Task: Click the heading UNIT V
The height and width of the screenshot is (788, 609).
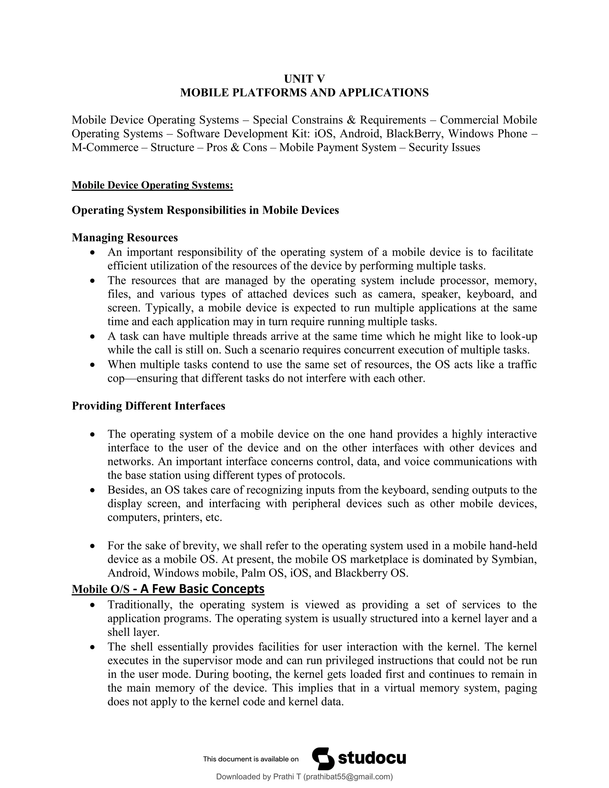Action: pyautogui.click(x=304, y=79)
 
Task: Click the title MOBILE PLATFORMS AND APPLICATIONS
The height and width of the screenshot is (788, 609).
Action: pyautogui.click(x=304, y=93)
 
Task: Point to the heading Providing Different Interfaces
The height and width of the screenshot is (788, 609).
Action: pyautogui.click(x=148, y=406)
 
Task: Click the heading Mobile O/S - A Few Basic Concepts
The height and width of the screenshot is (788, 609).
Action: pyautogui.click(x=168, y=589)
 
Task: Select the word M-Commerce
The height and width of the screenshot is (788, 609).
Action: pyautogui.click(x=105, y=147)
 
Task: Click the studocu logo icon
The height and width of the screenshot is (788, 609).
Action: pyautogui.click(x=323, y=759)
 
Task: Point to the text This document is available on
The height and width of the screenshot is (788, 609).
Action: pyautogui.click(x=251, y=759)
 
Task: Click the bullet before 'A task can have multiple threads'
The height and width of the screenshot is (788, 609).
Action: pyautogui.click(x=93, y=337)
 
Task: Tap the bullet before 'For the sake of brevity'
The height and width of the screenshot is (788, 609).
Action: pyautogui.click(x=93, y=546)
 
